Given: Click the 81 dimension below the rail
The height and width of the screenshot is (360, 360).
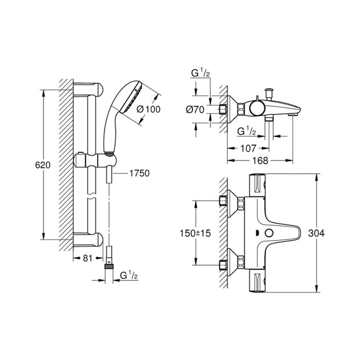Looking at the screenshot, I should tap(87, 258).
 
